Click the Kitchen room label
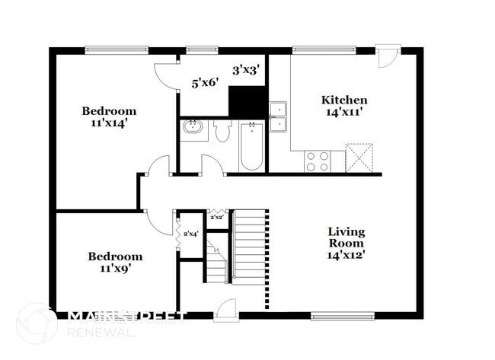coord(344,100)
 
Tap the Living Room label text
coord(346,243)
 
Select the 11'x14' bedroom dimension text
coord(110,123)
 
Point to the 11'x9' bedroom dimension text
coord(114,269)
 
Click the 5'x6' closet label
coord(205,82)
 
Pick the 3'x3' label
coord(246,70)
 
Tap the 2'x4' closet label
coord(190,234)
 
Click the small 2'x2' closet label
coord(216,218)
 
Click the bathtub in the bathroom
coord(251,146)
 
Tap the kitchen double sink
coord(279,116)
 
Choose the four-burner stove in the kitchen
coord(318,161)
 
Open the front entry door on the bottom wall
coord(226,310)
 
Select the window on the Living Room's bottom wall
coord(342,315)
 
